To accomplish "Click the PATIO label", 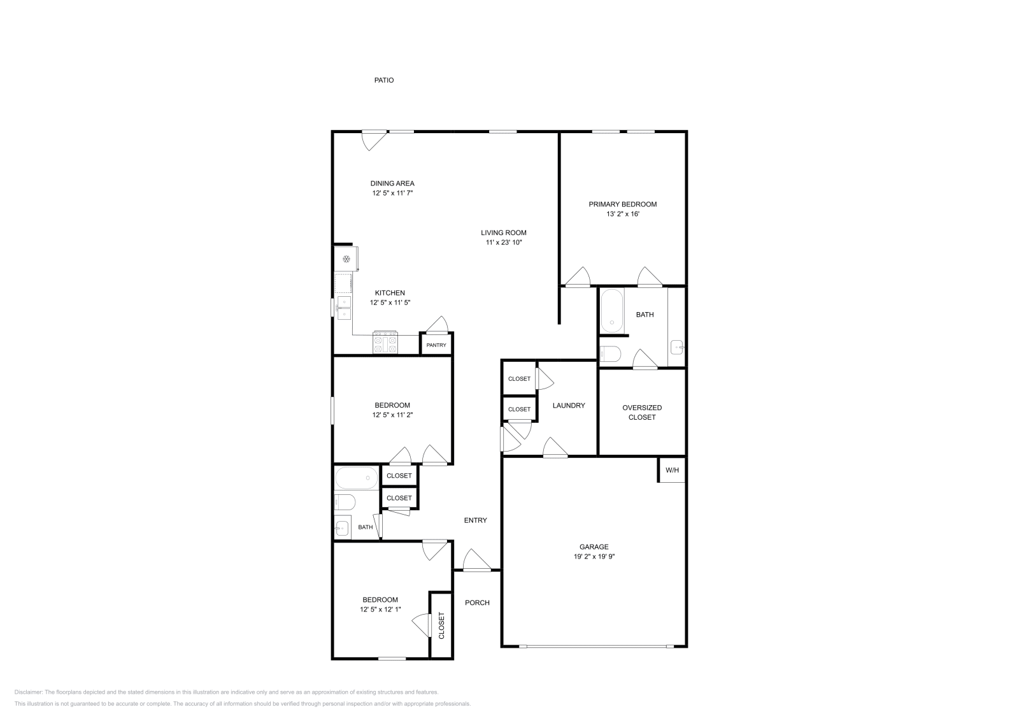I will point(383,80).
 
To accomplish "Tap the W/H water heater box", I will point(672,470).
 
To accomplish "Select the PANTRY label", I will point(436,345).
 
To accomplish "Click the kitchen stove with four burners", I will point(385,342).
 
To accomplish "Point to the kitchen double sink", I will point(344,308).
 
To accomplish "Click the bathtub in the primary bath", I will point(613,311).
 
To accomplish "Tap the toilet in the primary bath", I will point(609,353).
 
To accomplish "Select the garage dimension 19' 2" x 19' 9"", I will point(594,556).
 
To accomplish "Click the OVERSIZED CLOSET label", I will point(642,412).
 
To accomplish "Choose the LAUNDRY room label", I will point(568,405).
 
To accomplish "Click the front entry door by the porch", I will point(476,563).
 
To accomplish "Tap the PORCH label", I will point(477,603).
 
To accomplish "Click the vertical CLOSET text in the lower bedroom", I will point(441,625).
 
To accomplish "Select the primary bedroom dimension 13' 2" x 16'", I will point(622,214).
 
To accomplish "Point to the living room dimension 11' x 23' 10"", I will point(503,242).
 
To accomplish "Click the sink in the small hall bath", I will point(342,527).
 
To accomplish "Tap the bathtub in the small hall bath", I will point(356,477).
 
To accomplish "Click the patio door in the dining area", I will point(374,138).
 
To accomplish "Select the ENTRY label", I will point(475,520).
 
